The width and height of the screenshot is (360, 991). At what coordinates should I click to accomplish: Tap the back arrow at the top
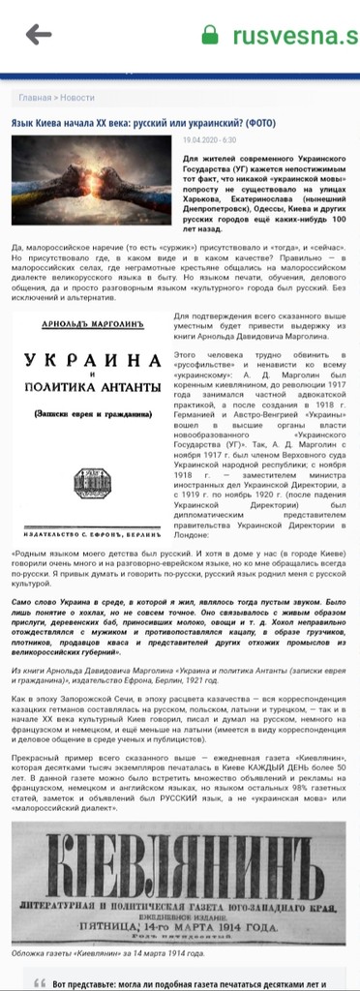(39, 35)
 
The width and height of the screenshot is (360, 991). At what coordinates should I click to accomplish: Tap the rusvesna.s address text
(294, 36)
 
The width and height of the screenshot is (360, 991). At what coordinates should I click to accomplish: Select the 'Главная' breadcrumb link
(35, 98)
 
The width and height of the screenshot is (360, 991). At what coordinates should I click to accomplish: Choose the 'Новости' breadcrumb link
(77, 98)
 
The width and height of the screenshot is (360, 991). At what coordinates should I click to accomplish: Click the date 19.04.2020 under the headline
(198, 140)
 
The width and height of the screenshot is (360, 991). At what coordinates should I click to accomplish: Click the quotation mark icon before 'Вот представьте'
(40, 982)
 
